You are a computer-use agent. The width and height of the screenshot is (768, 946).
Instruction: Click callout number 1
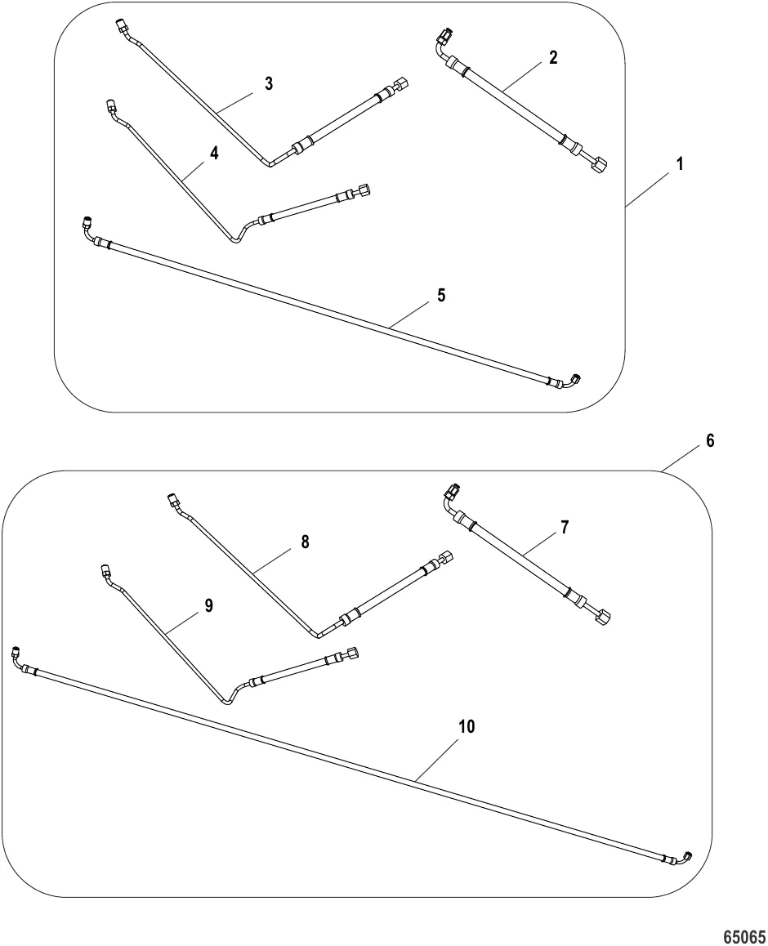pos(680,163)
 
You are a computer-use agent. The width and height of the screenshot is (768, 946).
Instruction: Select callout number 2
pos(553,57)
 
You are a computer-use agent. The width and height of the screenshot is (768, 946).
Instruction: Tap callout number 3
pos(269,84)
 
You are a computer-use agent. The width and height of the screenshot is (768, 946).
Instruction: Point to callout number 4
pos(214,154)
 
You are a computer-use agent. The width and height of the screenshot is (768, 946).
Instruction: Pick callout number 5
pos(442,295)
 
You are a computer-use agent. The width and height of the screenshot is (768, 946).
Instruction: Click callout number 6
pos(710,441)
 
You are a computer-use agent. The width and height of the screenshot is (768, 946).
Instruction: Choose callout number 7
pos(565,527)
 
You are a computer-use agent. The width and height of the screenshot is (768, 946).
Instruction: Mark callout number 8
pos(306,542)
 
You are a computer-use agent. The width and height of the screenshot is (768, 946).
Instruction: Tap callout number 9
pos(208,605)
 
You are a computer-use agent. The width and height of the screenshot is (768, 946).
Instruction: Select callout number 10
pos(467,726)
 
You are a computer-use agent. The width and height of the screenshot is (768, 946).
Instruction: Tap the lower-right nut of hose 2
pos(599,165)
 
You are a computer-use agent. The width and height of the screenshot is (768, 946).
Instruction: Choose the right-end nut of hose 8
pos(445,556)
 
